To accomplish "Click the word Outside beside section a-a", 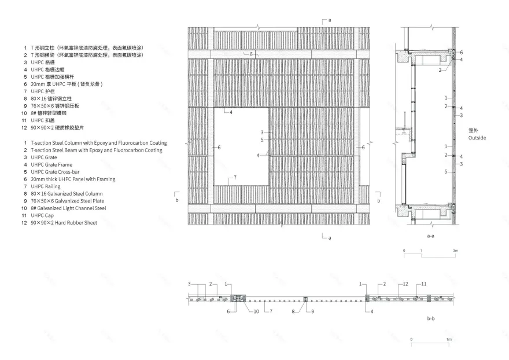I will (477, 138).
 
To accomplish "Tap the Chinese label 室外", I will (474, 131).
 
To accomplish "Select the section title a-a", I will (430, 237).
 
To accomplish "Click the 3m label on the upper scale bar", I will (455, 251).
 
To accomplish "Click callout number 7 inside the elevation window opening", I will (235, 177).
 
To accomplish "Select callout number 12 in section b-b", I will (406, 284).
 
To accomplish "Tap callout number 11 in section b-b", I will (423, 284).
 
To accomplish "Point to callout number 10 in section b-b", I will (256, 312).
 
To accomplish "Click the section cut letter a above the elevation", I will (329, 20).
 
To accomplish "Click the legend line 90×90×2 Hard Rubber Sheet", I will (64, 223).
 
